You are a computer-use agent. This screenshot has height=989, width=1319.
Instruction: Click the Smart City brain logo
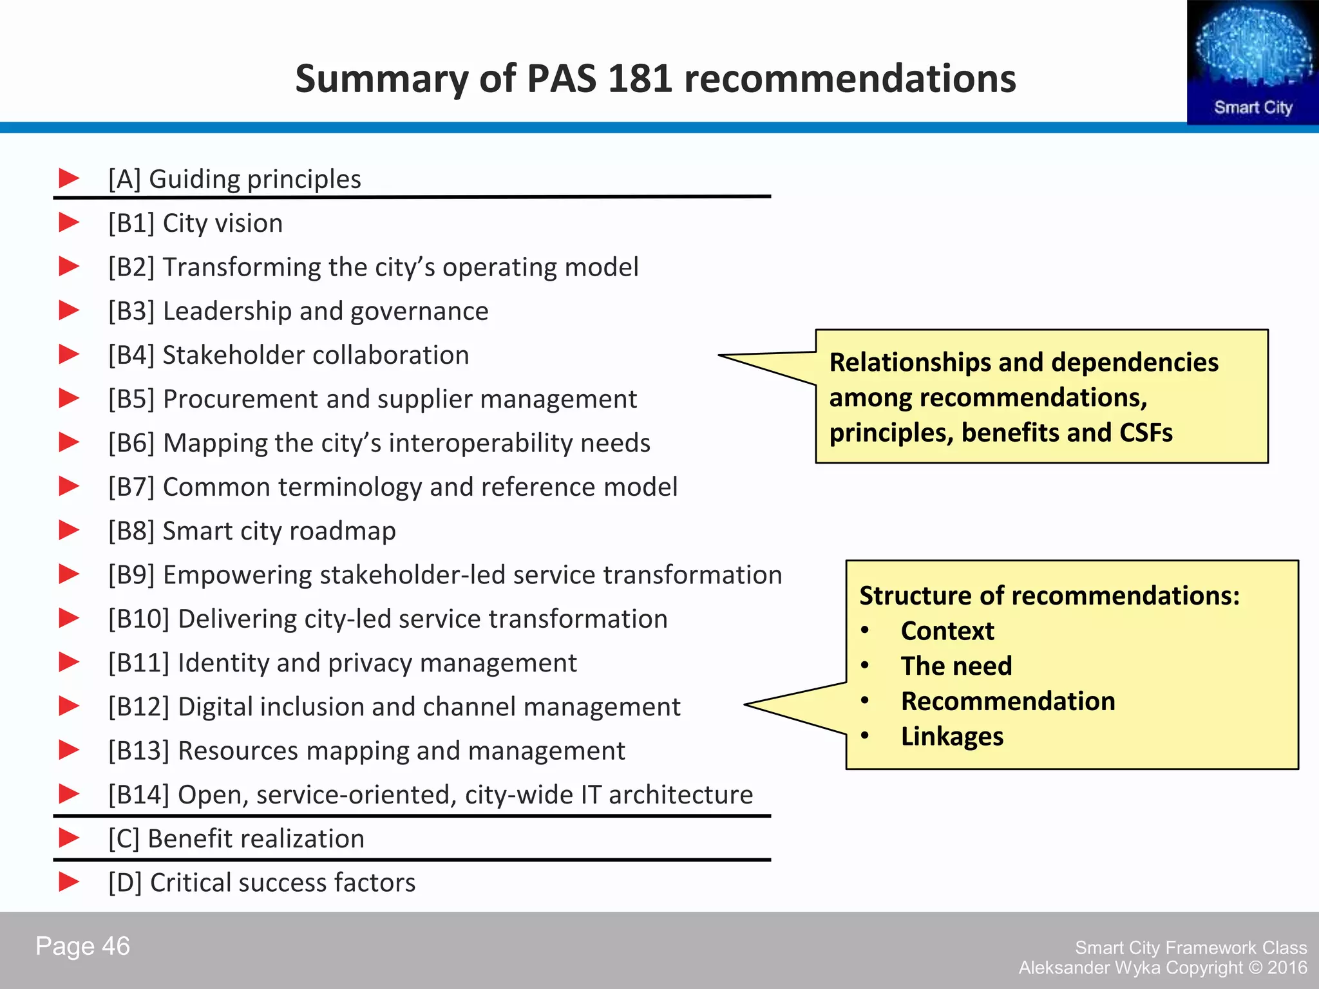(1253, 62)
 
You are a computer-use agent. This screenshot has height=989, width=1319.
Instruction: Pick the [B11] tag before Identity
(139, 663)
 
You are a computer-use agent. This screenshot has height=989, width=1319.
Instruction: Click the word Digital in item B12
(216, 707)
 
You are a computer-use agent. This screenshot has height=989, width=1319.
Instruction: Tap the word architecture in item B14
(681, 795)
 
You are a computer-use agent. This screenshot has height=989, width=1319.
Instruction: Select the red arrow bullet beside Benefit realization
(69, 838)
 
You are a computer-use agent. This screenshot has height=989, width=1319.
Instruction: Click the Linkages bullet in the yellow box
(952, 737)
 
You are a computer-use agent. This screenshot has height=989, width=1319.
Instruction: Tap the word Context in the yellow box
(947, 631)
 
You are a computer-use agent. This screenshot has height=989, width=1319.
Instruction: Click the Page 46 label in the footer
(82, 947)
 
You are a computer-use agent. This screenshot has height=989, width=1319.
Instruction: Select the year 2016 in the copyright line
(1287, 968)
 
